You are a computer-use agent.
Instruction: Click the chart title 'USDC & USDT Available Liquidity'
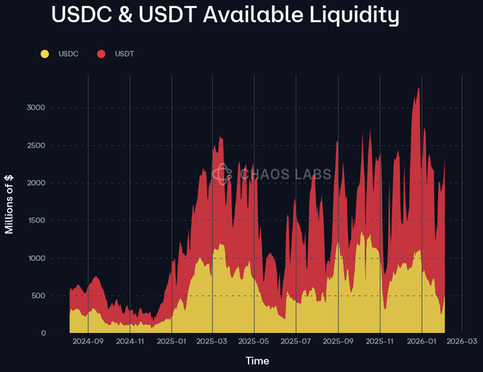point(225,15)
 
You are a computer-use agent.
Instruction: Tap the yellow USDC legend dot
point(45,54)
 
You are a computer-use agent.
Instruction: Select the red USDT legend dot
point(102,54)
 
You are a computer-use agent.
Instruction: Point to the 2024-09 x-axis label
point(88,341)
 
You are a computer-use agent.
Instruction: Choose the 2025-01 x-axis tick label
point(171,341)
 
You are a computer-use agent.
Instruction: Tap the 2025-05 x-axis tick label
point(254,341)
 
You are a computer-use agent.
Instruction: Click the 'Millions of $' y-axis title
point(9,204)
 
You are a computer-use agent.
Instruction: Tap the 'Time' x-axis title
point(257,361)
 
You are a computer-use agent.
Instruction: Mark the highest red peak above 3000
point(419,89)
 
